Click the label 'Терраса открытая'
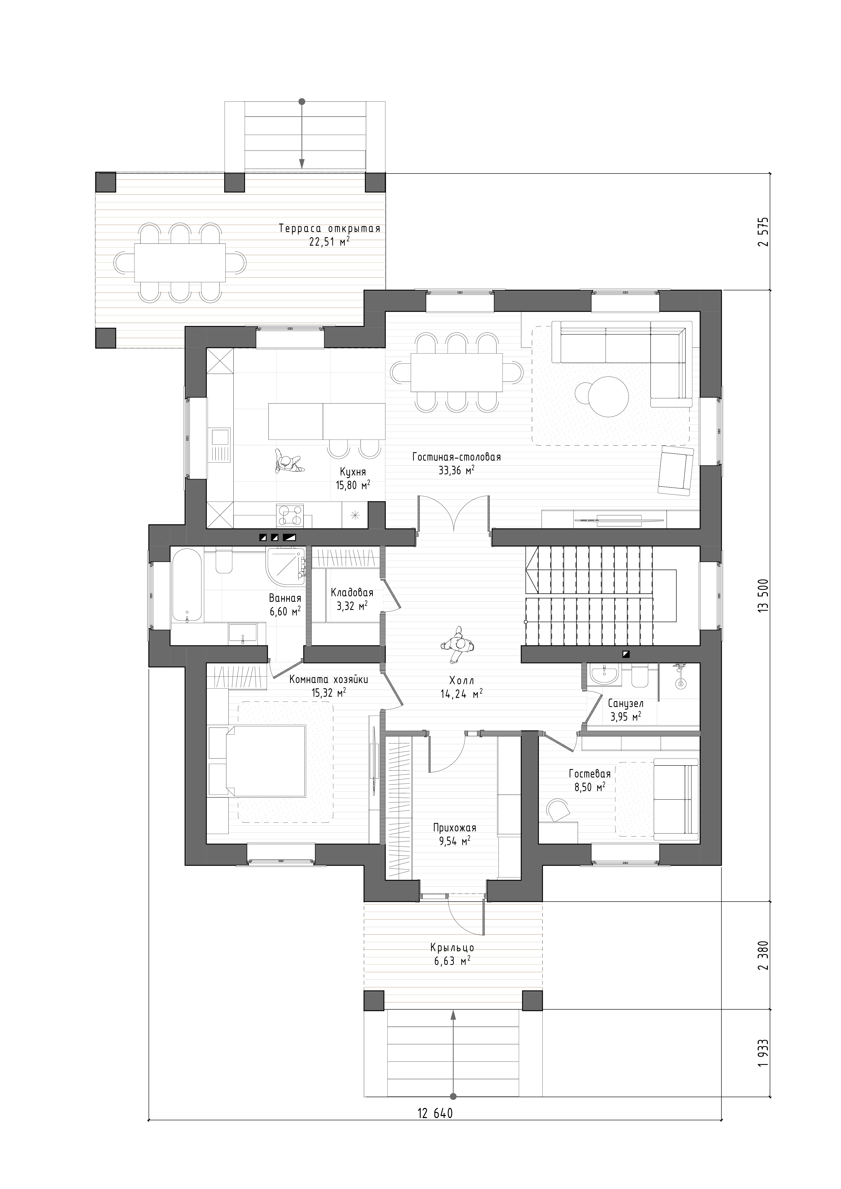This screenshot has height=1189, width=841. pos(329,228)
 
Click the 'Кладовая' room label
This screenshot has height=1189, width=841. pos(352,592)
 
